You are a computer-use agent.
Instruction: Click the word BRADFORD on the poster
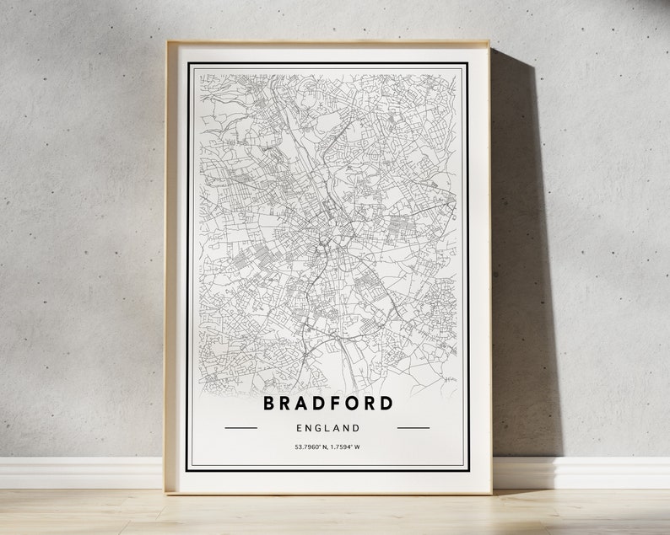point(327,403)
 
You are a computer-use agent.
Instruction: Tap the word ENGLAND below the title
point(327,428)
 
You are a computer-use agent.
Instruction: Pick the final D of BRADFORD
point(386,403)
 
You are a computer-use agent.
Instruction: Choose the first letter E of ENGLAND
point(296,428)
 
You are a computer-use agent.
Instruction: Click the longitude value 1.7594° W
point(348,447)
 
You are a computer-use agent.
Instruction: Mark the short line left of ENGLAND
point(241,428)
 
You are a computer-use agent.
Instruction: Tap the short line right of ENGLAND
point(413,428)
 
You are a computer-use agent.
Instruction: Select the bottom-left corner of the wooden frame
point(166,492)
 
